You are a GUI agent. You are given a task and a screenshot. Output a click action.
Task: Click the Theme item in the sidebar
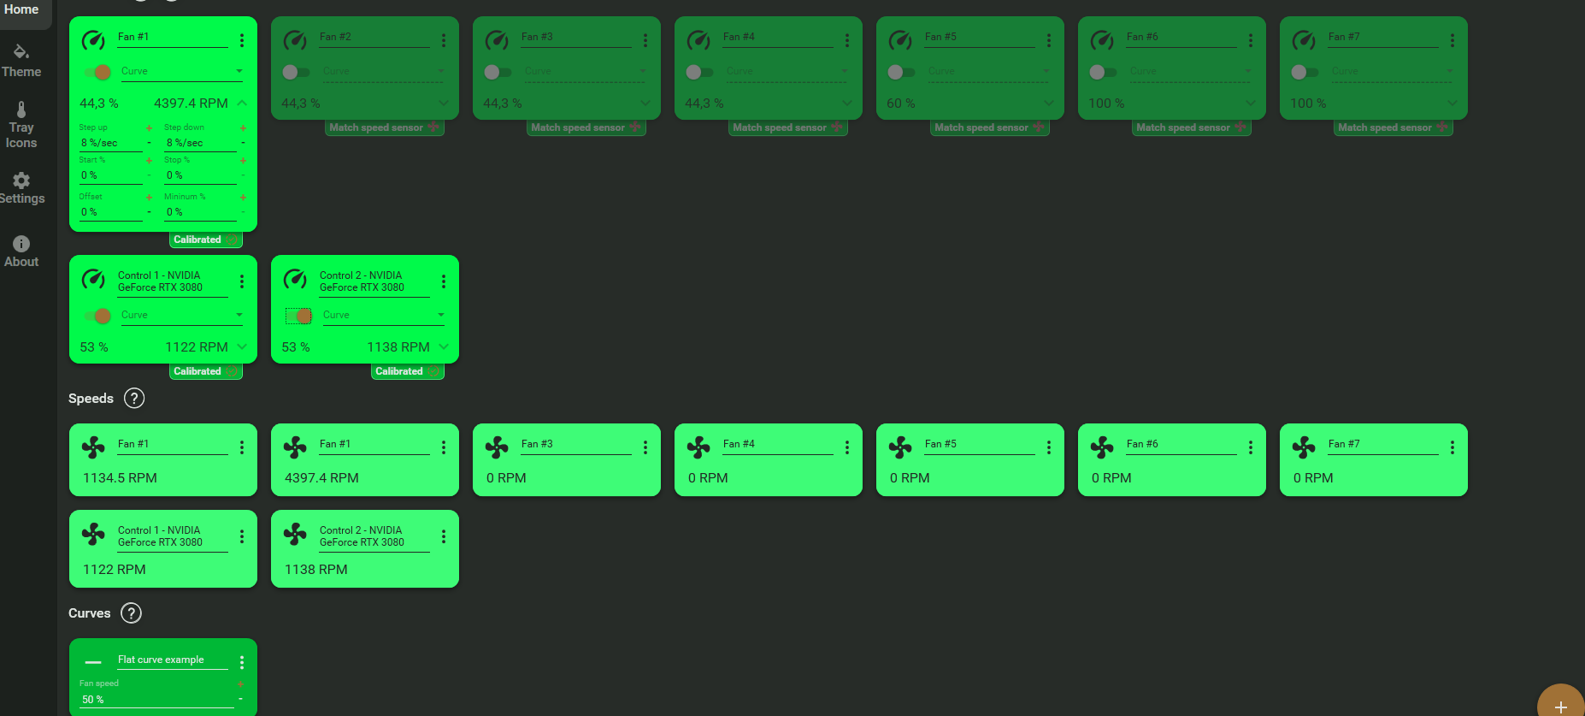(21, 61)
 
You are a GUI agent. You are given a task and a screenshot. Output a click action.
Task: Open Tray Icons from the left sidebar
(21, 125)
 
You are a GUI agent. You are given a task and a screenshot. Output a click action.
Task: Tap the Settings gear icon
(21, 180)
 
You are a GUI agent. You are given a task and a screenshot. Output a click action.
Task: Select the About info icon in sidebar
(21, 244)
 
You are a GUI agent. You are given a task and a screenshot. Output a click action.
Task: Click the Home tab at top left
(21, 9)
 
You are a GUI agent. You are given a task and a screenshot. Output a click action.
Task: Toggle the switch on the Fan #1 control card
(97, 72)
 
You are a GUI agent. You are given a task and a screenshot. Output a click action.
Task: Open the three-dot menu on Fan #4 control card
(847, 40)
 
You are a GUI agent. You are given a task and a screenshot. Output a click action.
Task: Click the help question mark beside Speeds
(134, 398)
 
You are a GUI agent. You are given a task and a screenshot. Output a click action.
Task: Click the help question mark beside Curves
(131, 612)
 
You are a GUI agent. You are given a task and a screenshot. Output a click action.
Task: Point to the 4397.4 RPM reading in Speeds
(321, 478)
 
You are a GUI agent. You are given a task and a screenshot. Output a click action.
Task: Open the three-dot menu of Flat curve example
(242, 662)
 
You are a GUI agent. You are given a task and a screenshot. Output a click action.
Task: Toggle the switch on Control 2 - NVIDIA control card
(299, 317)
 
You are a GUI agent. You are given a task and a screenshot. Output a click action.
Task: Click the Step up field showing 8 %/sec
(110, 143)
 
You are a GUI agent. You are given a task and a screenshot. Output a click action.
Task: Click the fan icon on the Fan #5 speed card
(900, 447)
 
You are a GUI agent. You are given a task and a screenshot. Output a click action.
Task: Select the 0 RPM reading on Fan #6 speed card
(1111, 478)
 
